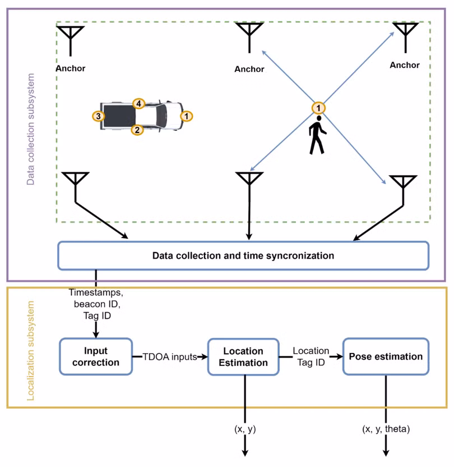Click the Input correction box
(x=96, y=356)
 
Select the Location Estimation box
(x=243, y=356)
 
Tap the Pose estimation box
(x=386, y=356)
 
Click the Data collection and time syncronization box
(x=243, y=255)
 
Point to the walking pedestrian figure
(x=317, y=135)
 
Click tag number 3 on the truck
(x=99, y=116)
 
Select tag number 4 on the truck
(x=138, y=104)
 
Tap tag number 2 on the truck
(x=137, y=130)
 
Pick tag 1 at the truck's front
(x=187, y=116)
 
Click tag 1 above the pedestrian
(x=318, y=108)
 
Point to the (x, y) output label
(x=245, y=429)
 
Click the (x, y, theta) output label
(x=386, y=429)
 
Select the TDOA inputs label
(x=170, y=356)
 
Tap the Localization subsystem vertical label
(x=31, y=351)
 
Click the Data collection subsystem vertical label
(x=31, y=129)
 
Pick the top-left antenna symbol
(x=71, y=41)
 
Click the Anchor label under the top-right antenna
(x=405, y=65)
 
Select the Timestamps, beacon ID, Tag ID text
(x=96, y=304)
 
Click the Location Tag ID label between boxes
(x=311, y=356)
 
